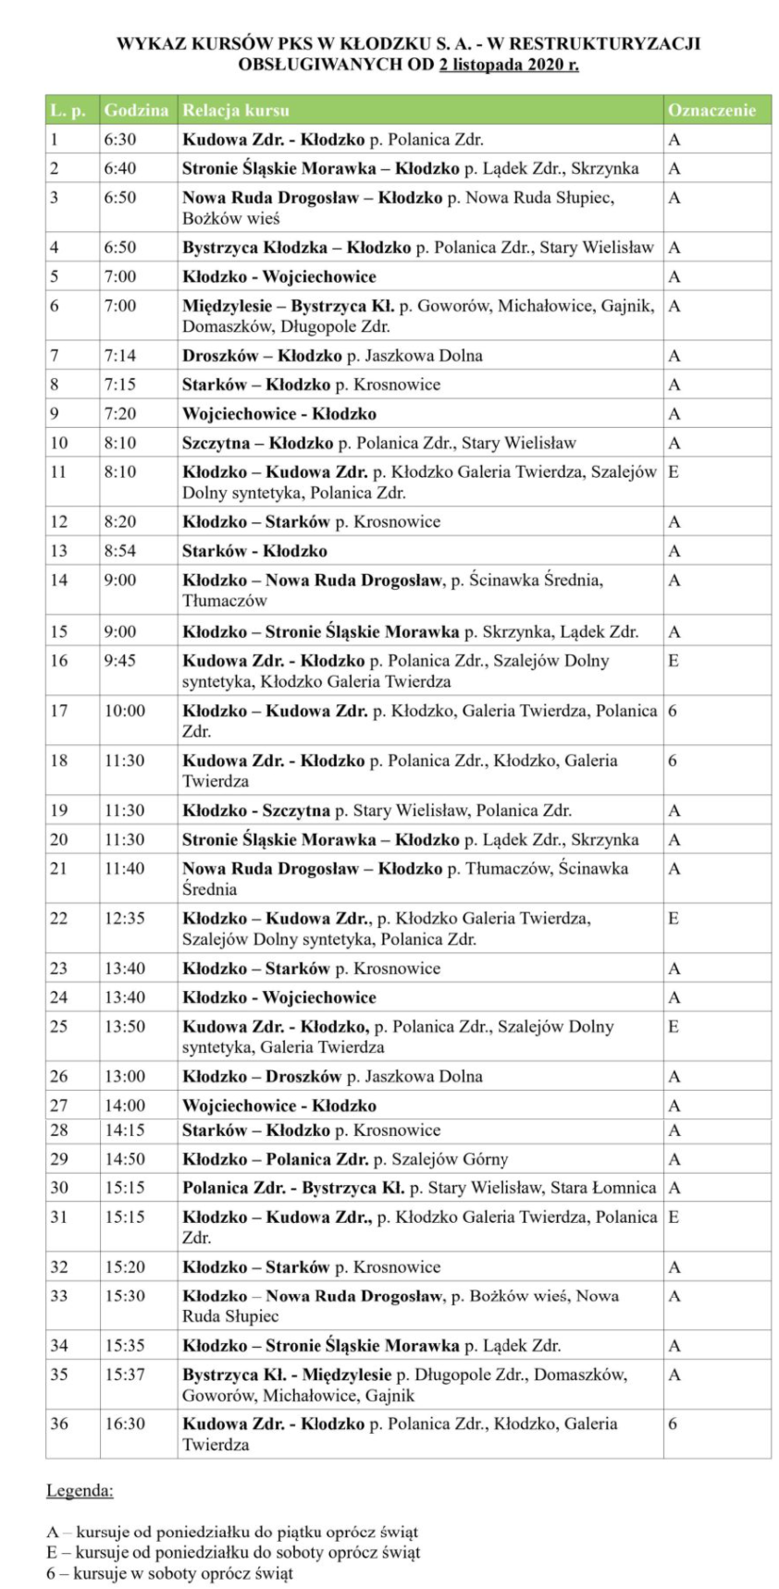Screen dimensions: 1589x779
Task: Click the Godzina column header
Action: pos(136,111)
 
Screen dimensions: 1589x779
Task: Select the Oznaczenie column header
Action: pos(711,111)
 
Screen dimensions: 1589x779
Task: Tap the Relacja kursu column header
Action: pos(236,111)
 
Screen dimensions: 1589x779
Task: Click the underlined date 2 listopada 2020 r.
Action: pos(508,65)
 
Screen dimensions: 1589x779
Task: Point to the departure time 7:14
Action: pos(120,356)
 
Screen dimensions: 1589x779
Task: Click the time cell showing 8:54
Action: pos(120,551)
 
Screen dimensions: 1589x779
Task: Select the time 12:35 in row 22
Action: pos(124,919)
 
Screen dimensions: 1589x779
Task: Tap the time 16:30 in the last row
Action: pos(124,1424)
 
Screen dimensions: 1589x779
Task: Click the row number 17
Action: pos(59,711)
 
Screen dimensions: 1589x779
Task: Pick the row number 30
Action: pos(59,1188)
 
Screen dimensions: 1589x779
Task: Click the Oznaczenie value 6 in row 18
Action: pos(673,761)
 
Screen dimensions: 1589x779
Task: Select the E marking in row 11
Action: pos(674,472)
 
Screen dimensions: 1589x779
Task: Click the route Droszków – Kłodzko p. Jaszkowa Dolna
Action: pos(332,356)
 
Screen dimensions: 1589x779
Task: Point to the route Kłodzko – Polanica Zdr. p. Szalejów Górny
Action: pos(345,1159)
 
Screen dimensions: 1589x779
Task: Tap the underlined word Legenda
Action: pos(80,1491)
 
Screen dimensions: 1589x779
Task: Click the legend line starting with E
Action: pos(233,1552)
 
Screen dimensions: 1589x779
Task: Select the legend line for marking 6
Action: pos(169,1572)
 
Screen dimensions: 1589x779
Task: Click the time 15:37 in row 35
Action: pos(124,1375)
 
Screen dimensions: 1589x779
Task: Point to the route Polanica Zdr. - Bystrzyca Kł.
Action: pos(418,1188)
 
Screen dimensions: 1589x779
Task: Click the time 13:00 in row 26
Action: pos(124,1077)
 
